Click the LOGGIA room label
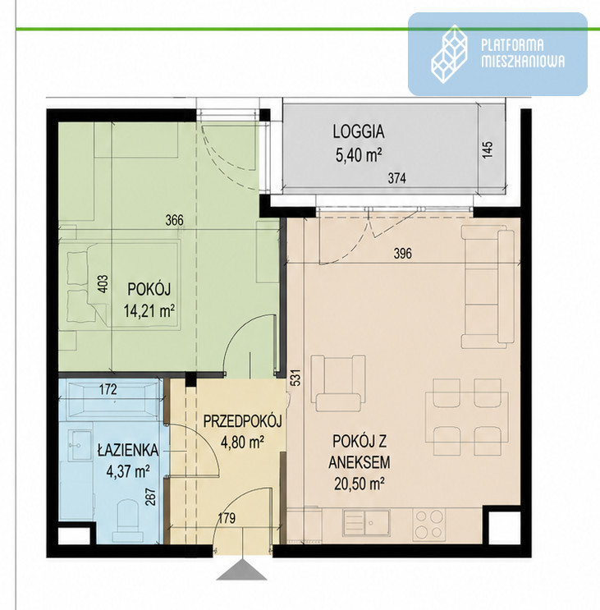click(359, 132)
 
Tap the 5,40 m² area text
click(359, 155)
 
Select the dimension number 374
click(396, 178)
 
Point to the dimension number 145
click(488, 149)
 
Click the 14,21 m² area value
click(149, 311)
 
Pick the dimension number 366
click(174, 220)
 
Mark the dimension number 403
click(103, 284)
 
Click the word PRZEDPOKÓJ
click(243, 421)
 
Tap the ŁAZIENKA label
click(128, 449)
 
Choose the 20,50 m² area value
click(360, 484)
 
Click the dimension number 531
click(295, 378)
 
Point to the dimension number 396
click(402, 254)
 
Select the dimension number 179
click(227, 518)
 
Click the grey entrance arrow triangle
click(241, 570)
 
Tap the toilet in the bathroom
click(127, 521)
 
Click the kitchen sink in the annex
click(366, 523)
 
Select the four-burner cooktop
click(429, 525)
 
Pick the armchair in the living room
click(338, 383)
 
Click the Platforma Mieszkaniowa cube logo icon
click(449, 53)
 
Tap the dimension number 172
click(108, 389)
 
